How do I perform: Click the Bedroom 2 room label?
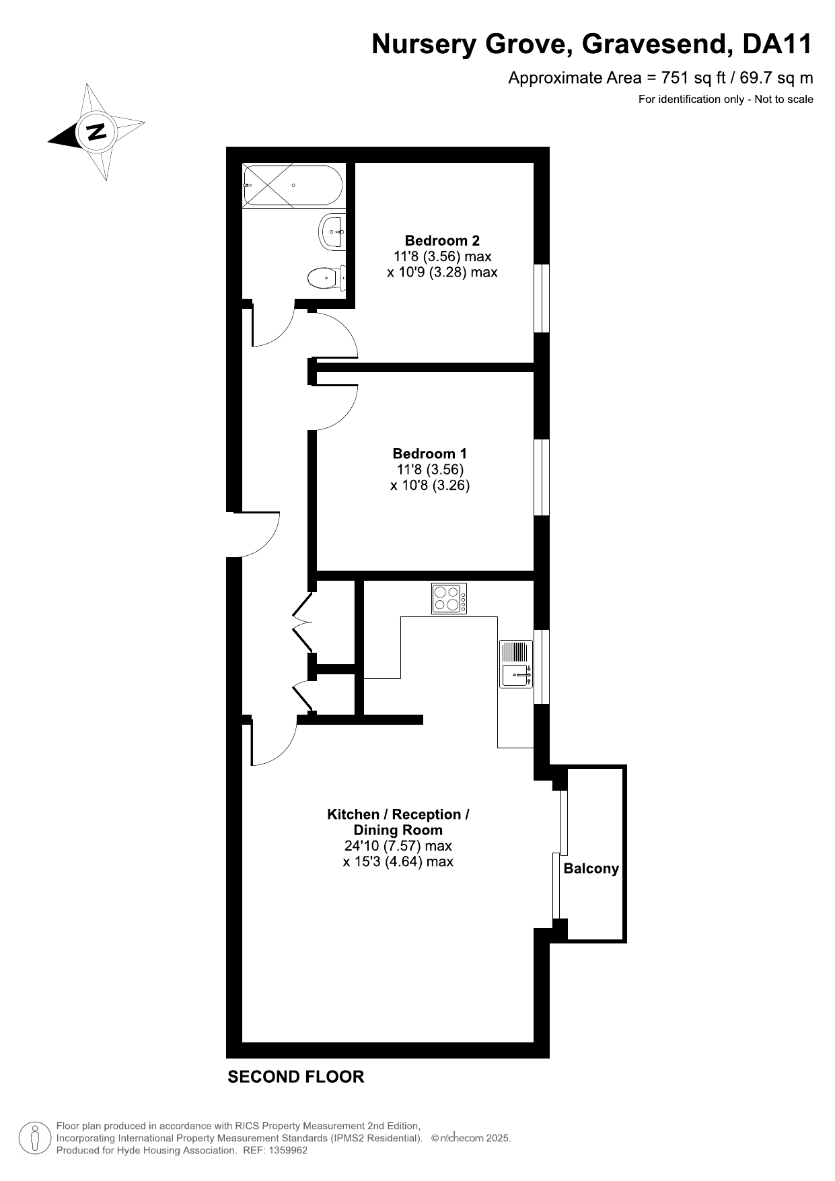(442, 240)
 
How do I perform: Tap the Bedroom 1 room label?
(429, 454)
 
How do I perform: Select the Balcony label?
(591, 868)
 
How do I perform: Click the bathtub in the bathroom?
(293, 186)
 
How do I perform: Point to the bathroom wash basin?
(332, 232)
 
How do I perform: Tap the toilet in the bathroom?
(327, 277)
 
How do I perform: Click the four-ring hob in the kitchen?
(449, 598)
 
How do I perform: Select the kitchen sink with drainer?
(515, 664)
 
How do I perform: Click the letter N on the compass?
(98, 131)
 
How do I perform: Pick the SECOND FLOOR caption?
(296, 1077)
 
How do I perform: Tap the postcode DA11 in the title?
(778, 44)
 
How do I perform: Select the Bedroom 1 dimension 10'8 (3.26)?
(430, 485)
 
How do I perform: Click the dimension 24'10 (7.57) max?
(398, 846)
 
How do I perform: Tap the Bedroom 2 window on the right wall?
(542, 298)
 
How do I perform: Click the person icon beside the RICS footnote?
(34, 1138)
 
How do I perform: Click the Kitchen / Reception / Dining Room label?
(398, 822)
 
